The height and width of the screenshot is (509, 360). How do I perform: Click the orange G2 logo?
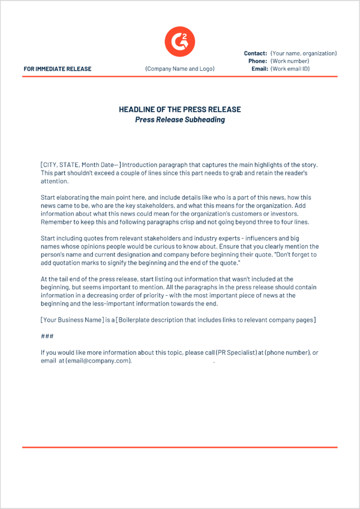[180, 41]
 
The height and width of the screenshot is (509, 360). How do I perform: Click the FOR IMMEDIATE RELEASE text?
[58, 69]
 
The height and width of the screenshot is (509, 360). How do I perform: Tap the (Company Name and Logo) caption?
[180, 69]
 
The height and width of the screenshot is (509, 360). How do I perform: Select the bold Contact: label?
[256, 53]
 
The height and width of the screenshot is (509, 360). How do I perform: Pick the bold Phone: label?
[258, 61]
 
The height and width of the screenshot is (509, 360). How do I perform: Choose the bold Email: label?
[259, 69]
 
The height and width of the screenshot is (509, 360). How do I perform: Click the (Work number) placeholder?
[290, 61]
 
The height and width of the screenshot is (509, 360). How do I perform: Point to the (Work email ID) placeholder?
[290, 69]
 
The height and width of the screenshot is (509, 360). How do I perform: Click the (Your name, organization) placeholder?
[304, 53]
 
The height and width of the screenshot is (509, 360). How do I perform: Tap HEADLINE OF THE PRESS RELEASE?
[180, 110]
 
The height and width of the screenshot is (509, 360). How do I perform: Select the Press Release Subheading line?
[180, 119]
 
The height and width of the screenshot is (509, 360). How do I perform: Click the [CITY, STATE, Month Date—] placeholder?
[80, 165]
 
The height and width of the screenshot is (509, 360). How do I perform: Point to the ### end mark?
[47, 336]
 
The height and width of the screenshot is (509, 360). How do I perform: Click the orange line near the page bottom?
[180, 447]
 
